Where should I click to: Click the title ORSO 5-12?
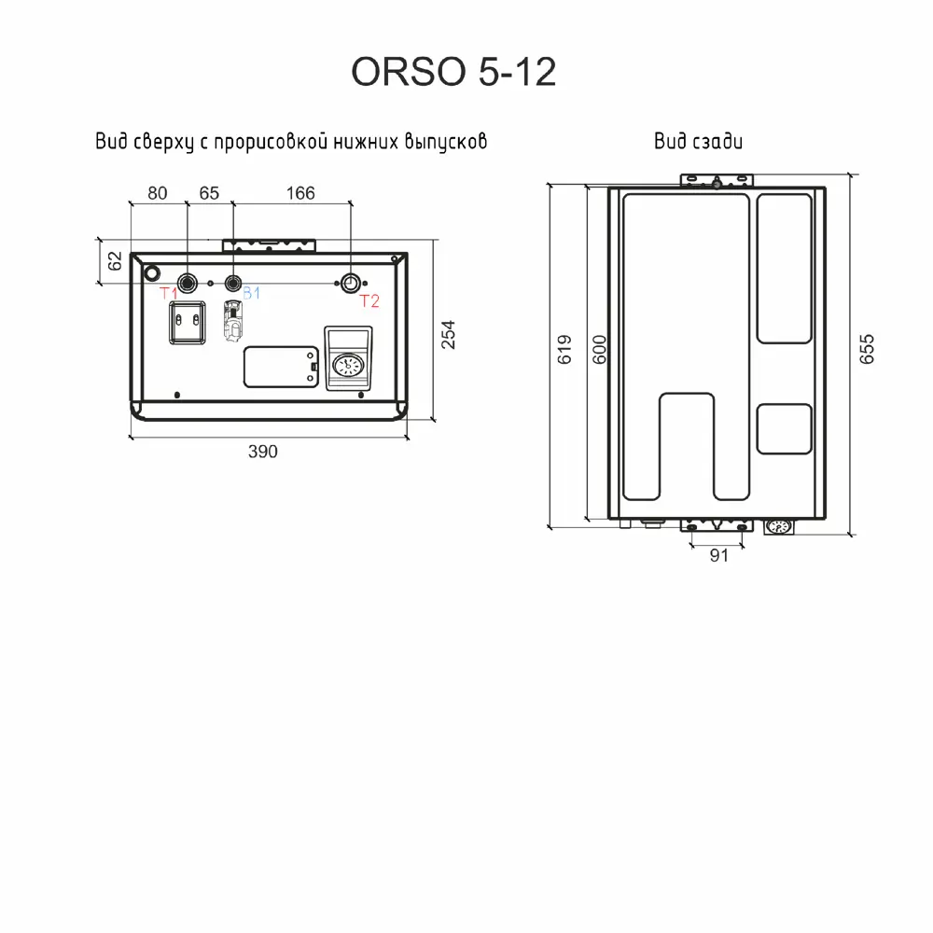tap(453, 73)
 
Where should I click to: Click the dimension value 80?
tap(157, 193)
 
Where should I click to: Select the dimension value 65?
tap(209, 193)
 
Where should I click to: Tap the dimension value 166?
tap(299, 193)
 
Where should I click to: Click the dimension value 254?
tap(448, 333)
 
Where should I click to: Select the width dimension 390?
tap(263, 452)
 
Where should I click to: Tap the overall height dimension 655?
tap(867, 349)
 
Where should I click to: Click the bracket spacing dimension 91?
tap(718, 557)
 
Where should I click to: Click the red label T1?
tap(170, 296)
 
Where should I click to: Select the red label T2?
tap(369, 300)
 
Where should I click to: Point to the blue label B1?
tap(251, 295)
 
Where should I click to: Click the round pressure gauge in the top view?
tap(347, 365)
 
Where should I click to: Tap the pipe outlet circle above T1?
tap(188, 282)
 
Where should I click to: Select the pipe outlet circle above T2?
tap(350, 282)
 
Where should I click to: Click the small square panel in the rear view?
tap(782, 428)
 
